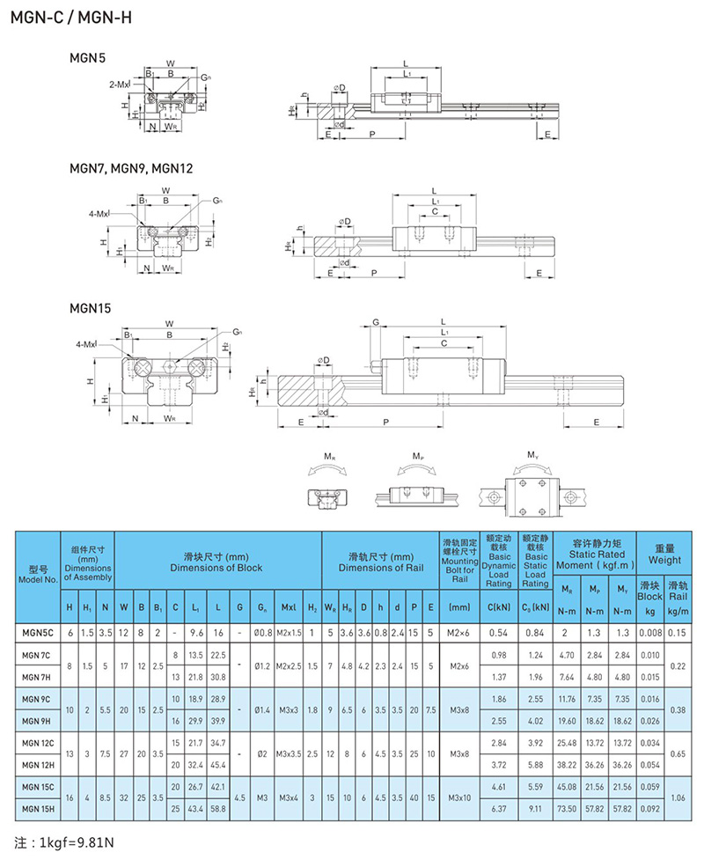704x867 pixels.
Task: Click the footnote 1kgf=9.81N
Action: click(x=65, y=842)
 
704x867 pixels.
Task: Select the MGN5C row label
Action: click(x=37, y=632)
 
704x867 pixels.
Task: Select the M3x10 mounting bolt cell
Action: click(x=459, y=796)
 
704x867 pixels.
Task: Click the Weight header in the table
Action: click(x=664, y=554)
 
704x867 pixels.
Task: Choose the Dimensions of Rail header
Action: click(x=381, y=562)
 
